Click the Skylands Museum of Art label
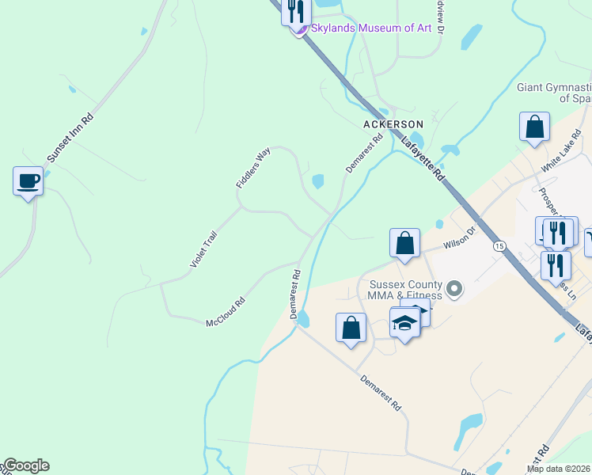click(370, 28)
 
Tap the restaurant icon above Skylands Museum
click(297, 12)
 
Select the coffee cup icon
click(28, 181)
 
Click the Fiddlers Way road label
click(253, 168)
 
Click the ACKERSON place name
click(393, 124)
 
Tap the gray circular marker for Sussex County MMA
click(454, 289)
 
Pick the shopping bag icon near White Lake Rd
click(535, 127)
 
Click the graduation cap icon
click(404, 323)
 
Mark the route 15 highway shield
click(499, 246)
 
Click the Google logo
click(25, 465)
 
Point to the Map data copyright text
click(558, 469)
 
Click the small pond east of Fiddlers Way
click(318, 181)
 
